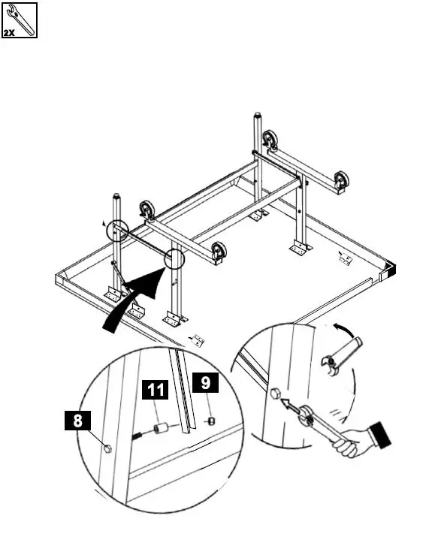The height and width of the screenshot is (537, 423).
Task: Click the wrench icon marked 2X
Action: (19, 20)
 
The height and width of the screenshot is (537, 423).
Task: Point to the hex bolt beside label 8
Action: (107, 449)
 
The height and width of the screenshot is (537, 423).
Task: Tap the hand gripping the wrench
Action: (353, 443)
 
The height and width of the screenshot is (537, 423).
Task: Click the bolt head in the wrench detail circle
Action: (275, 393)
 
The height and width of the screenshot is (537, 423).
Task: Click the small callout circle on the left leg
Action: (116, 230)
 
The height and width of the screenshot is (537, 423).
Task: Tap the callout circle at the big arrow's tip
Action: (174, 259)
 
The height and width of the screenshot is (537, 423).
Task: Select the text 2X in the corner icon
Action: (11, 32)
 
